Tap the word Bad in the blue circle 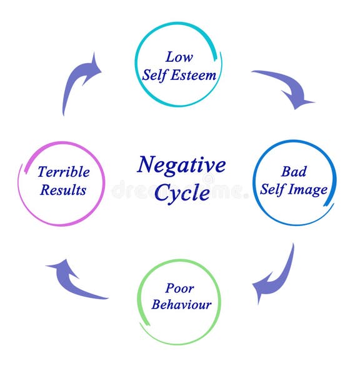point(294,171)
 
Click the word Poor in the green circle point(179,288)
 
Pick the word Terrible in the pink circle point(63,172)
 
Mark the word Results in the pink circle point(63,190)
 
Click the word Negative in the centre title point(181,166)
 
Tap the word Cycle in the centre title point(182,193)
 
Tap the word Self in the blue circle point(273,189)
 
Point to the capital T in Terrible point(42,172)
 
